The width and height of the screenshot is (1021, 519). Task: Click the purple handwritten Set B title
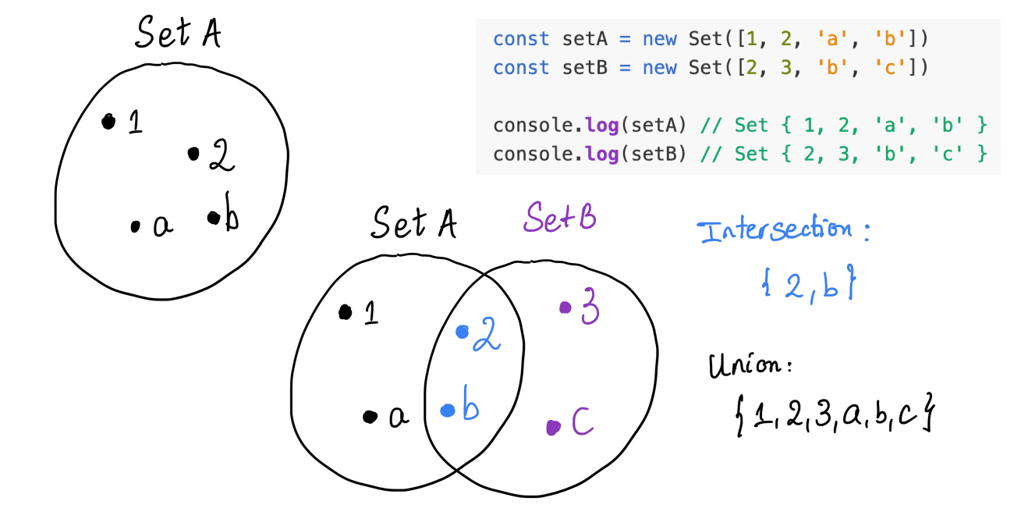pyautogui.click(x=560, y=217)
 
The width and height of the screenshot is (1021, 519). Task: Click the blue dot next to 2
pyautogui.click(x=463, y=332)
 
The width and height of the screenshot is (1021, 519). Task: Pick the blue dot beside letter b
pyautogui.click(x=448, y=410)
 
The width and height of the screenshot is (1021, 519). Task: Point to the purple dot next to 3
pyautogui.click(x=565, y=307)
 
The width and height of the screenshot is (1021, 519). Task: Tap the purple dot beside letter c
pyautogui.click(x=553, y=428)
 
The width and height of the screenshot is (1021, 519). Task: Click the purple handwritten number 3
pyautogui.click(x=590, y=306)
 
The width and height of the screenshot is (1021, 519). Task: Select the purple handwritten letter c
pyautogui.click(x=583, y=421)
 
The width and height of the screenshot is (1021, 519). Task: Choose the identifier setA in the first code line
pyautogui.click(x=585, y=39)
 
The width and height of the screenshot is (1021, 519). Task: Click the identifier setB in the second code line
pyautogui.click(x=585, y=68)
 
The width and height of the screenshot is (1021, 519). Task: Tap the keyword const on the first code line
pyautogui.click(x=521, y=39)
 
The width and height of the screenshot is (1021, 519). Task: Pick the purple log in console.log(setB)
pyautogui.click(x=602, y=155)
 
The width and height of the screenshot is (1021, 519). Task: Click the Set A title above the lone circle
pyautogui.click(x=178, y=32)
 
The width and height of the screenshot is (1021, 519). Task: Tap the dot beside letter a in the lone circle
pyautogui.click(x=135, y=226)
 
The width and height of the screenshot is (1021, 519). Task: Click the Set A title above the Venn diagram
pyautogui.click(x=413, y=222)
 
